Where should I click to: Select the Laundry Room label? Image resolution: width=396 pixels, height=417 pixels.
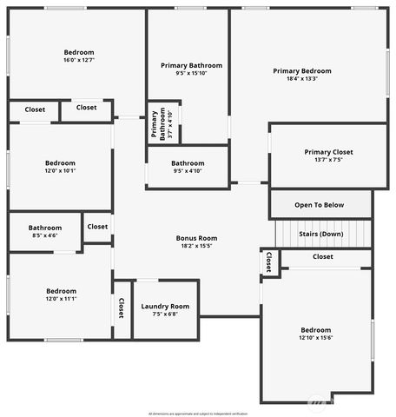(165, 306)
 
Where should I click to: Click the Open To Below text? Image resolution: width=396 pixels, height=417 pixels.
(319, 205)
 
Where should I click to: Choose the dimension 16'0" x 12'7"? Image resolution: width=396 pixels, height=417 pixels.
(78, 60)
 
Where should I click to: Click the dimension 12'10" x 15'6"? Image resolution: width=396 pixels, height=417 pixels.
(315, 338)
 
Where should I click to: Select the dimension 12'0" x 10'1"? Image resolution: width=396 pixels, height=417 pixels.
(60, 171)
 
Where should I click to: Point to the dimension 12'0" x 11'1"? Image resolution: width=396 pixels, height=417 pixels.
(60, 299)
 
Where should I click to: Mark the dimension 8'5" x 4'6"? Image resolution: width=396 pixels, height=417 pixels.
(45, 235)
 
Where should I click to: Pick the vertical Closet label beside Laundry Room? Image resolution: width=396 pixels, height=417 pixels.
(122, 309)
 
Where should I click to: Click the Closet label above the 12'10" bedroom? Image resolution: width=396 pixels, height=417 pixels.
(322, 256)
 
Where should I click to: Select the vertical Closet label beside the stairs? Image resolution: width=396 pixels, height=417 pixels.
(269, 261)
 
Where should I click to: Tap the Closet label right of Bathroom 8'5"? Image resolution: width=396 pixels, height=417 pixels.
(97, 227)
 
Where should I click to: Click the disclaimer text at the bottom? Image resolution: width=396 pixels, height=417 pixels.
(198, 413)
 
